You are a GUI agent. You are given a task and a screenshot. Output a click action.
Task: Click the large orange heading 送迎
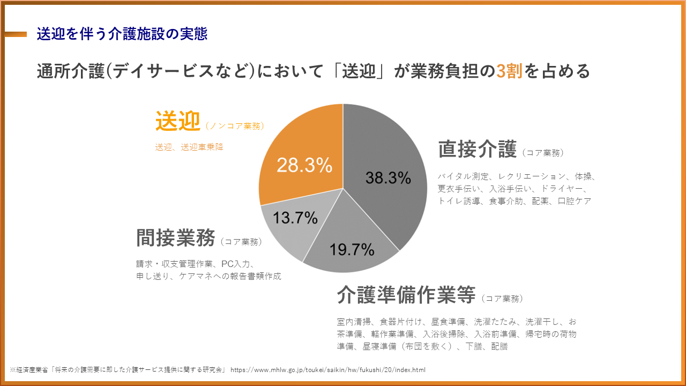pyautogui.click(x=177, y=122)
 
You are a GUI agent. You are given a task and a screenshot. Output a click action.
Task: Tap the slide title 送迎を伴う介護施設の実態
pyautogui.click(x=122, y=34)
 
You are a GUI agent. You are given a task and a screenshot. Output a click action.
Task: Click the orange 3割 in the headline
pyautogui.click(x=509, y=71)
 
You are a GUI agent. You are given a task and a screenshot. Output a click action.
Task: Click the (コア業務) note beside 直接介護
pyautogui.click(x=542, y=153)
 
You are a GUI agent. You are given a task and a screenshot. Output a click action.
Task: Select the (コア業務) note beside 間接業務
pyautogui.click(x=241, y=242)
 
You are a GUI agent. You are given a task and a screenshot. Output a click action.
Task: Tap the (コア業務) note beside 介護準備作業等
pyautogui.click(x=502, y=298)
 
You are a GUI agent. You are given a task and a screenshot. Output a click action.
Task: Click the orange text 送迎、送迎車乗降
pyautogui.click(x=189, y=147)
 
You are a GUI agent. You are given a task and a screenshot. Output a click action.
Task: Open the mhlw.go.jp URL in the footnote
pyautogui.click(x=328, y=370)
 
